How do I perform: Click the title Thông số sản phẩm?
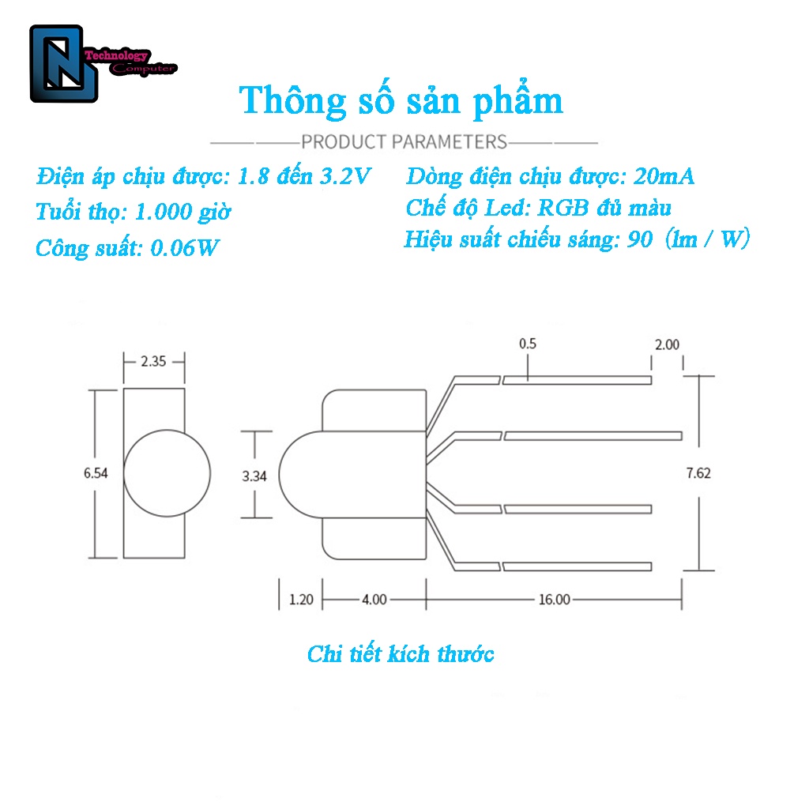point(401,101)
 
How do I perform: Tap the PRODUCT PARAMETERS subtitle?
point(404,142)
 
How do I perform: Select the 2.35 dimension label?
point(153,362)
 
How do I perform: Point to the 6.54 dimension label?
point(96,473)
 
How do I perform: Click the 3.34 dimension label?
point(254,476)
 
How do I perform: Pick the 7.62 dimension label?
point(698,473)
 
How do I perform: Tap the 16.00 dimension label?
point(554,600)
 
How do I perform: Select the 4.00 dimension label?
point(374,600)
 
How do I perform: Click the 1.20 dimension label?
point(301,600)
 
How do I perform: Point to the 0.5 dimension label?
point(528,344)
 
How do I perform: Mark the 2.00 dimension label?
point(667,344)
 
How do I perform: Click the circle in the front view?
point(167,472)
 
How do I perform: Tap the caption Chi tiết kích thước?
point(401,654)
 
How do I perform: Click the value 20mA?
point(664,176)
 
